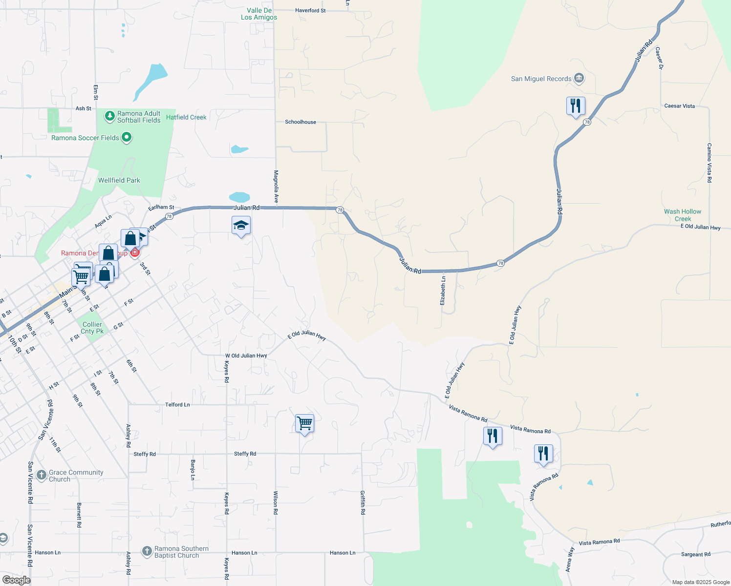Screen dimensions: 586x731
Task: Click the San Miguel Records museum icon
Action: click(579, 78)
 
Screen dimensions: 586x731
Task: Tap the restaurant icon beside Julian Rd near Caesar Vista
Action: click(576, 106)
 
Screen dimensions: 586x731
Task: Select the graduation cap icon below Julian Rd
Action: click(241, 226)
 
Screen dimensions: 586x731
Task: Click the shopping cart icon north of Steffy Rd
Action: click(304, 423)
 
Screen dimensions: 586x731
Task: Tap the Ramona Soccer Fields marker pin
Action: click(127, 138)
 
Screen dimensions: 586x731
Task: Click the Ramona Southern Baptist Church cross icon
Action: click(147, 551)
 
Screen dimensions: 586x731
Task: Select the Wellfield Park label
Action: click(119, 180)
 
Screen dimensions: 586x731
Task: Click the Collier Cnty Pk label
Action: click(92, 328)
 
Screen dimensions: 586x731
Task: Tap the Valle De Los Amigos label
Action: click(259, 14)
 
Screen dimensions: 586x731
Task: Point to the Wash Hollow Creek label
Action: click(682, 215)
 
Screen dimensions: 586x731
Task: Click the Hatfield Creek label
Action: click(186, 117)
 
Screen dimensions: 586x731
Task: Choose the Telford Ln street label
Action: click(177, 404)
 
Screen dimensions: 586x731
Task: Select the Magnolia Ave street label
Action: click(276, 187)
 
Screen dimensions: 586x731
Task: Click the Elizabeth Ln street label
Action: click(443, 291)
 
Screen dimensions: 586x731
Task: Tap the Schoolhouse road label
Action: click(301, 122)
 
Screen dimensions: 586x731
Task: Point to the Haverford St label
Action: click(310, 10)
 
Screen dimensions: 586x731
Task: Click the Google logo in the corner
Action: click(16, 580)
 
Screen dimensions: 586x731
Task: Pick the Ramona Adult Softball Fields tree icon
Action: click(110, 116)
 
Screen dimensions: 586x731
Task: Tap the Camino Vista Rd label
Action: click(709, 163)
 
